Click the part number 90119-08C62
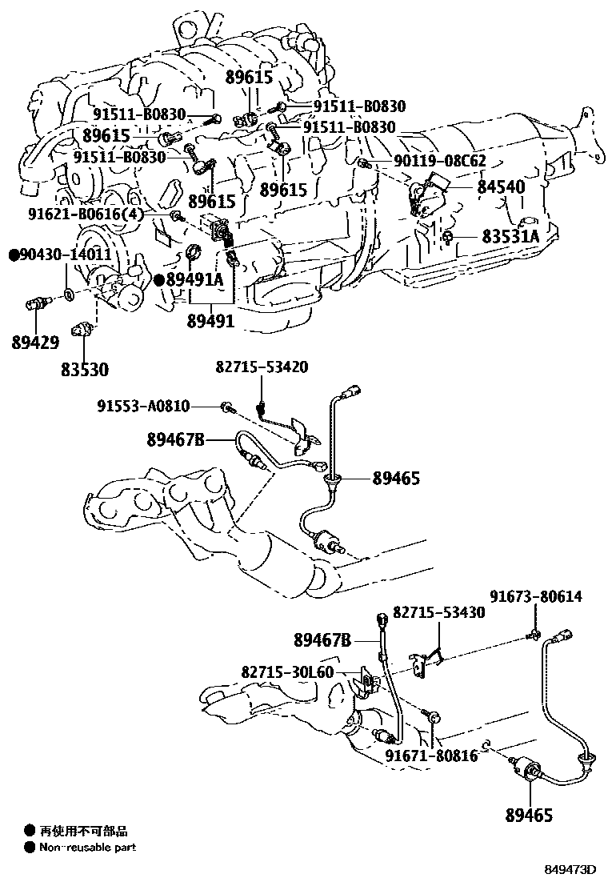coord(439,161)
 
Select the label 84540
coord(501,186)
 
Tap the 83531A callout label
coord(510,237)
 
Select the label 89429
coord(35,343)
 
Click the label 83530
coord(84,370)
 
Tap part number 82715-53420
coord(261,367)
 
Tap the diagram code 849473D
coord(571,869)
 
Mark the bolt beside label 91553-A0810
coord(228,407)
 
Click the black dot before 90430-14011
coord(14,255)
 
